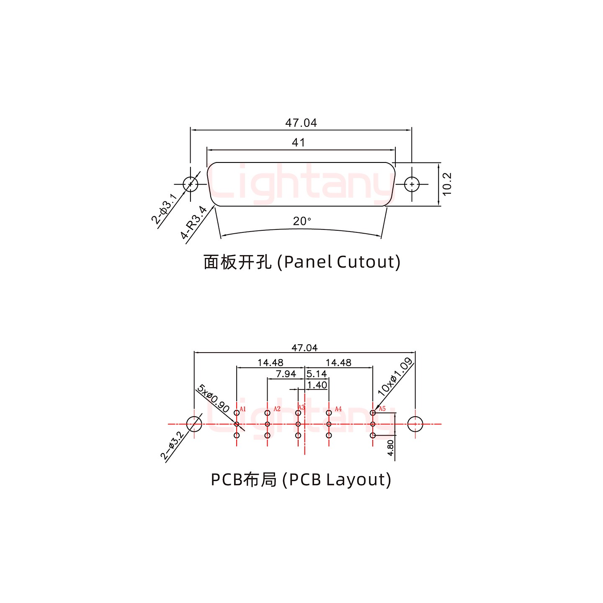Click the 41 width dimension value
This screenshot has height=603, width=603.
point(298,143)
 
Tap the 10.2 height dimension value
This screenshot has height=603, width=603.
point(447,184)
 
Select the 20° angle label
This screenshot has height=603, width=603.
point(302,221)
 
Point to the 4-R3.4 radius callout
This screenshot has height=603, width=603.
point(193,223)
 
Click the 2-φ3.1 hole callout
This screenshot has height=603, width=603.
point(164,209)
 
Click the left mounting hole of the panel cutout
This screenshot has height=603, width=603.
point(191,184)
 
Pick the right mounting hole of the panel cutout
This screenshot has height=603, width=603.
point(412,184)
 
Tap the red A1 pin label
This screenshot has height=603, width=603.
point(243,409)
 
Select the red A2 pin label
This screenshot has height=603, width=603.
point(277,409)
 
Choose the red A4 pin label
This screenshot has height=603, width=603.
point(338,409)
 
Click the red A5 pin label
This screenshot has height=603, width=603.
point(382,409)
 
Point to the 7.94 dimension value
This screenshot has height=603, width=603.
point(286,374)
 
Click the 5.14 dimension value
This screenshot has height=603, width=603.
point(317,374)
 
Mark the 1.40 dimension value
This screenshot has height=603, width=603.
point(317,385)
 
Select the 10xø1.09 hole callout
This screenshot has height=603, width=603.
point(395,377)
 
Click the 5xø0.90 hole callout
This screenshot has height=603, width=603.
point(214,398)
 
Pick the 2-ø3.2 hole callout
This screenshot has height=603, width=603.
point(172,445)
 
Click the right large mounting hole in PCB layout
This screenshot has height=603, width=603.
point(415,424)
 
